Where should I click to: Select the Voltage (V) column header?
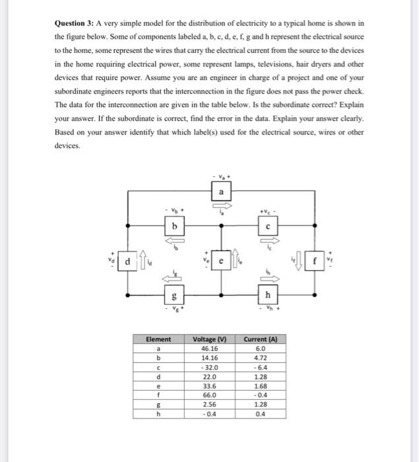[209, 339]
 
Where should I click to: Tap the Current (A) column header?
[260, 339]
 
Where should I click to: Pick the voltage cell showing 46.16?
[209, 347]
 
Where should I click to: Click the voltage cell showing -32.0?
[209, 366]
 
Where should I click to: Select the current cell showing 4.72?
[260, 357]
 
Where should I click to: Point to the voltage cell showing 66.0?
[209, 395]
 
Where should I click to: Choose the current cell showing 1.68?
[260, 385]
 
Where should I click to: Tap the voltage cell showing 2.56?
[209, 404]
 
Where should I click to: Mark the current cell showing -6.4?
[260, 366]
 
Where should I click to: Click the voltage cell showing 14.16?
[209, 357]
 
